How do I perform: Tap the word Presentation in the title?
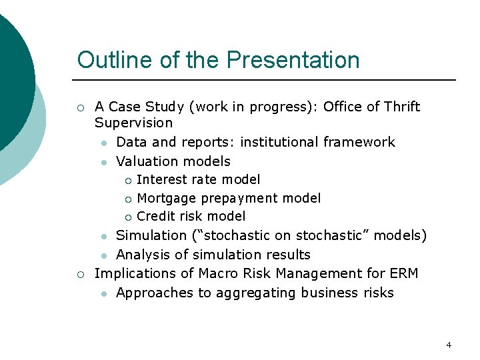(293, 60)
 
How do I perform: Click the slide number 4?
(449, 345)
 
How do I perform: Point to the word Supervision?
(133, 123)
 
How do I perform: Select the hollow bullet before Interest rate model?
(128, 180)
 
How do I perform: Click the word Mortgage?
(164, 198)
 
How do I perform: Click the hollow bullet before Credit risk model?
(128, 217)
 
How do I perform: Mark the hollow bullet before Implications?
(80, 274)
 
